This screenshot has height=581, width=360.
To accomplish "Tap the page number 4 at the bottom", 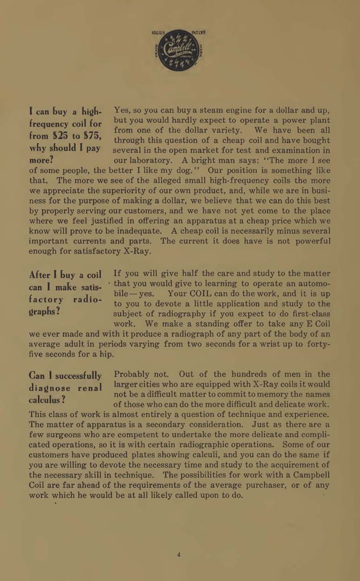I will pos(179,555).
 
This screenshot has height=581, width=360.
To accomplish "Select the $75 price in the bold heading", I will pos(90,137).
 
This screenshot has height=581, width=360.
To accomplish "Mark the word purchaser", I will pos(275,485).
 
